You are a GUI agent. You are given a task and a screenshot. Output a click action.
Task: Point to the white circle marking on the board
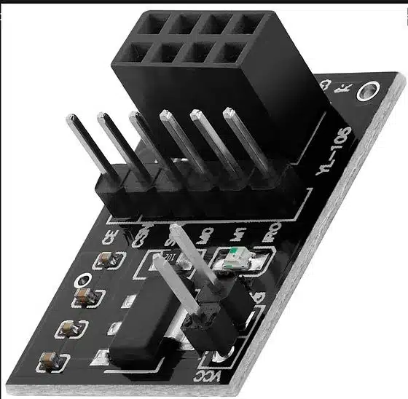[x=86, y=279]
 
